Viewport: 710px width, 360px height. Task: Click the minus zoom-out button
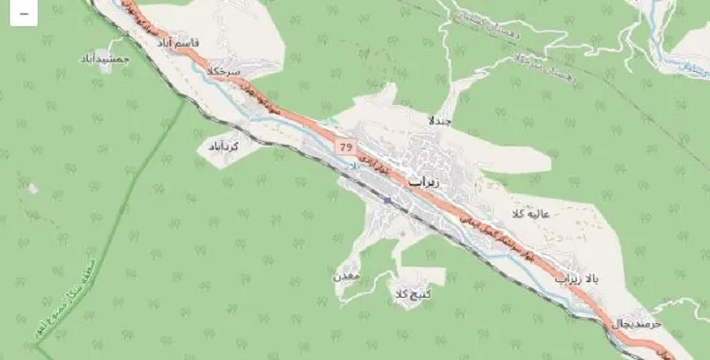(x=21, y=14)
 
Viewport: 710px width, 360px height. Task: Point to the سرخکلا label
(x=223, y=72)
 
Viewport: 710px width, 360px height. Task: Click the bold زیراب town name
(x=423, y=181)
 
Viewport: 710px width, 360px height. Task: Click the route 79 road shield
(x=345, y=146)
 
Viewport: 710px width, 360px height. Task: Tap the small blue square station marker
(x=389, y=201)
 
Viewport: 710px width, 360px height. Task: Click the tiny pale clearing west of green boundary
(x=32, y=188)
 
